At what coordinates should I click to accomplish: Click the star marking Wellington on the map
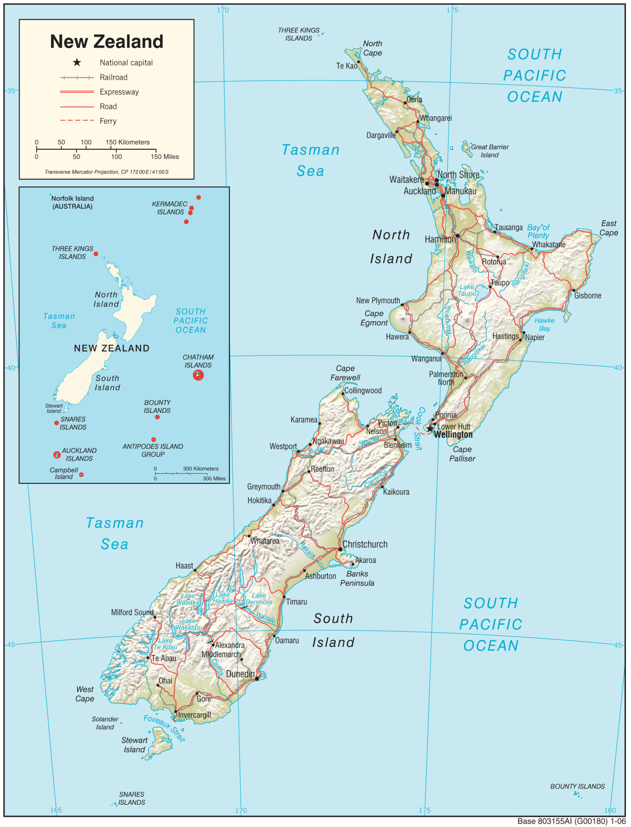[x=429, y=429]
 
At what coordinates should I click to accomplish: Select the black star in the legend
[x=77, y=62]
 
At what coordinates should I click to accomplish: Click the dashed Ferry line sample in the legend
[x=77, y=120]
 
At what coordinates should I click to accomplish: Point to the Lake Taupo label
[x=467, y=290]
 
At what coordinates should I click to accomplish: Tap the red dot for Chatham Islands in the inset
[x=198, y=375]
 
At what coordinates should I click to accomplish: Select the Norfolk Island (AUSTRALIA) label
[x=72, y=203]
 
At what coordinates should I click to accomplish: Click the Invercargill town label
[x=194, y=715]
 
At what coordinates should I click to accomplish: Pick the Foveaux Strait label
[x=164, y=728]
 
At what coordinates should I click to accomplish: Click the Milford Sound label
[x=132, y=612]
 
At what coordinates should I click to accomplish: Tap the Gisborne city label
[x=587, y=296]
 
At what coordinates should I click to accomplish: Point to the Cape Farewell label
[x=345, y=373]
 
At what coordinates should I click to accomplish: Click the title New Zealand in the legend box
[x=107, y=42]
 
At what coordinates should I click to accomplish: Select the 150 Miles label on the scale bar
[x=165, y=157]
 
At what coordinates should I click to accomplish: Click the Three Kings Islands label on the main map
[x=299, y=34]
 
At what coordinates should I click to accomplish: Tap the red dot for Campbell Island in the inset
[x=81, y=475]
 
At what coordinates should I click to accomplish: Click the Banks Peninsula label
[x=357, y=579]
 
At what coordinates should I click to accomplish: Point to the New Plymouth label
[x=378, y=300]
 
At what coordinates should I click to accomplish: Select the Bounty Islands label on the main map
[x=577, y=786]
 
